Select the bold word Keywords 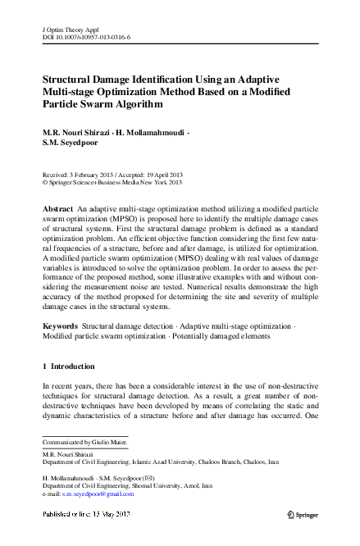pos(60,326)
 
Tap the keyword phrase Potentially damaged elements pos(233,336)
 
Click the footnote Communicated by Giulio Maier pos(84,442)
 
